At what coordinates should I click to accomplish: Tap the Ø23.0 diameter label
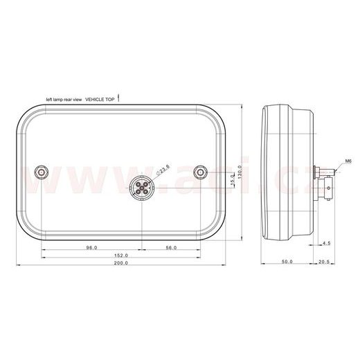pos(163,169)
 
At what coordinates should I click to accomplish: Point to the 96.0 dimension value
pos(91,247)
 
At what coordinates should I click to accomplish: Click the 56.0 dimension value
pos(171,247)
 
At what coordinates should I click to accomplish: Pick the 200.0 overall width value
pos(121,264)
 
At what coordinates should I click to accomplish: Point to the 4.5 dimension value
pos(326,243)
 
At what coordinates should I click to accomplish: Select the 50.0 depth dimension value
pos(287,262)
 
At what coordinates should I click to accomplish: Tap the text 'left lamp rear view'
pos(64,100)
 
